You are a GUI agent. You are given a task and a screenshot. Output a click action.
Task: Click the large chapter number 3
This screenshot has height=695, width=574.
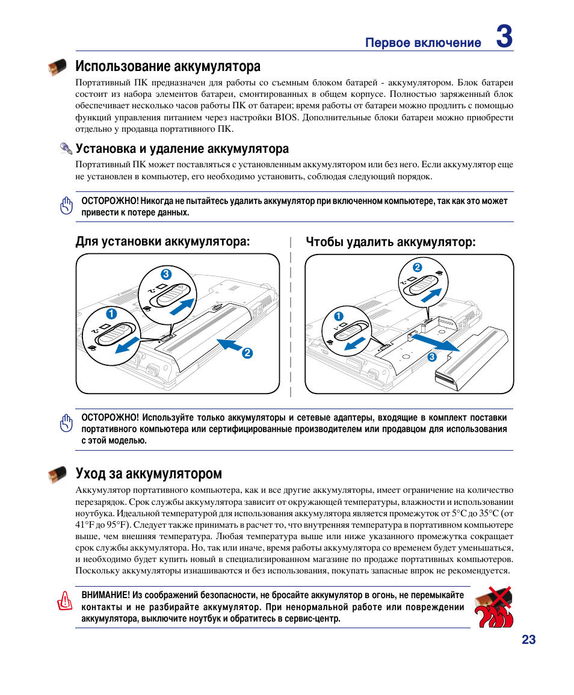pos(504,37)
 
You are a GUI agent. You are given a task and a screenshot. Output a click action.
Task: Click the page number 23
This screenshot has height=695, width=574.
pos(528,640)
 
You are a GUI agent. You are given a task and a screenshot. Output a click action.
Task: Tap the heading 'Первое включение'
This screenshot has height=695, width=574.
pos(424,43)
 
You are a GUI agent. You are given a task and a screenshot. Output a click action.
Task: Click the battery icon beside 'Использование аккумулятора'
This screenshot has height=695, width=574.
pos(58,67)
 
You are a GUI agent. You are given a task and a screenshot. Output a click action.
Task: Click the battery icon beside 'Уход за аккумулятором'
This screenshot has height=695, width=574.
pos(58,474)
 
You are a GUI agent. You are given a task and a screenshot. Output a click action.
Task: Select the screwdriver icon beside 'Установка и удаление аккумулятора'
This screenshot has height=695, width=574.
pos(66,149)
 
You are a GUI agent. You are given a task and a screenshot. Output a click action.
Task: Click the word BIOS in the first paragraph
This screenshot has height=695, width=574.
pos(286,118)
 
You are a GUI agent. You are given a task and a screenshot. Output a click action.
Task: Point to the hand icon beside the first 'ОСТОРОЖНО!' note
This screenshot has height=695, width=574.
pos(67,206)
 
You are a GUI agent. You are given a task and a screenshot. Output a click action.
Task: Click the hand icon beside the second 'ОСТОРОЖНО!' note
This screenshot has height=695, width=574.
pos(67,424)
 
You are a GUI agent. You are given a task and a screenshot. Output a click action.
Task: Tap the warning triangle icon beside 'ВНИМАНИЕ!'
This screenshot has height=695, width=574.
pos(65,601)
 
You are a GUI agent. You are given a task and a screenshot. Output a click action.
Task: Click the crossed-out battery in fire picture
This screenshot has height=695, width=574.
pos(493,607)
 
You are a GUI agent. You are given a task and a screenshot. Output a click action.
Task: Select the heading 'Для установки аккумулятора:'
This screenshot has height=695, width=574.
pos(162,242)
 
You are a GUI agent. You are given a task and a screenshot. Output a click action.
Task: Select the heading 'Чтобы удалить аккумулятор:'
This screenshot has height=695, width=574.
pos(390,242)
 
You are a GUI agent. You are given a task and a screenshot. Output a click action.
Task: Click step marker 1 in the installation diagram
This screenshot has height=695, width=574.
pos(111,314)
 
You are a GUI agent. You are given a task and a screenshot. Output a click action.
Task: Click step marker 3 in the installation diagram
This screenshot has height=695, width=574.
pos(158,274)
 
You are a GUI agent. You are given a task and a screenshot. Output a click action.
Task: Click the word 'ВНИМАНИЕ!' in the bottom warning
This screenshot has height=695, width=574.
pos(105,595)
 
